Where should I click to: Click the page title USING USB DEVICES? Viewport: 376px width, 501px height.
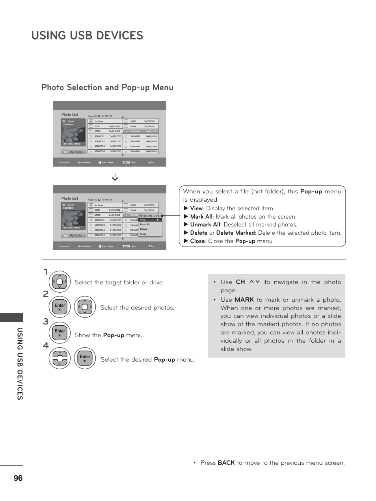[87, 35]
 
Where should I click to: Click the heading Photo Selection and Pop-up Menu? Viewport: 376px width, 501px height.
[107, 87]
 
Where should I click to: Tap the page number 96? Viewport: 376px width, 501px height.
[18, 478]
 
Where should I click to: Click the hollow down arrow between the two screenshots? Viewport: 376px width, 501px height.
[115, 177]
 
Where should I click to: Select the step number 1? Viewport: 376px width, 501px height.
[46, 272]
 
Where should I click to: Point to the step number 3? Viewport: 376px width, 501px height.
[46, 321]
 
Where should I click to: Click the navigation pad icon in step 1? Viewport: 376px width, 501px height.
[60, 282]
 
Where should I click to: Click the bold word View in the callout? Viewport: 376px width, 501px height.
[196, 208]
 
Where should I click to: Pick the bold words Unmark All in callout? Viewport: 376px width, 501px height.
[205, 225]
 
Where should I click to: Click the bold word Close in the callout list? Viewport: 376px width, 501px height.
[197, 241]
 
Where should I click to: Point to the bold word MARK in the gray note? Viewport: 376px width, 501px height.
[244, 300]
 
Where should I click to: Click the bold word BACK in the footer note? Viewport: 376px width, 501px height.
[226, 463]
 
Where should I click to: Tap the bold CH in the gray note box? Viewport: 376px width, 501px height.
[240, 282]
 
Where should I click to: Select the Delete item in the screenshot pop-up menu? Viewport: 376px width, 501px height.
[144, 229]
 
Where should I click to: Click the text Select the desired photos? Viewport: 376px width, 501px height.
[137, 308]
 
